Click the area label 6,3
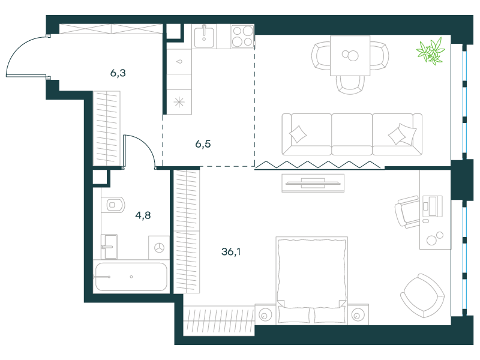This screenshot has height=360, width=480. pyautogui.click(x=118, y=73)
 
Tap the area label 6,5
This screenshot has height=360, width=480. pyautogui.click(x=203, y=144)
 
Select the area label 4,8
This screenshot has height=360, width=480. pyautogui.click(x=143, y=215)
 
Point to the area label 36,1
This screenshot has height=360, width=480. pyautogui.click(x=231, y=251)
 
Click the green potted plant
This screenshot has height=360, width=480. pyautogui.click(x=431, y=51)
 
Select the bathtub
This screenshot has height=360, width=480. pyautogui.click(x=131, y=277)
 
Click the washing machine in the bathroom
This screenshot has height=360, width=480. pyautogui.click(x=159, y=248)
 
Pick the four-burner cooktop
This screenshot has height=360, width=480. pyautogui.click(x=243, y=36)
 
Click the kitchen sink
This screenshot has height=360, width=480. pyautogui.click(x=204, y=37)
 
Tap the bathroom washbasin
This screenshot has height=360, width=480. pyautogui.click(x=109, y=247)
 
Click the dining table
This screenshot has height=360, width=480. pyautogui.click(x=350, y=55)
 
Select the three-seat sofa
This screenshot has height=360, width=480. pyautogui.click(x=352, y=134)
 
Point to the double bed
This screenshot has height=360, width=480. pyautogui.click(x=311, y=280)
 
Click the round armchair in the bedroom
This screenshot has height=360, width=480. pyautogui.click(x=422, y=296)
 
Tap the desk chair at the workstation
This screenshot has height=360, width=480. pyautogui.click(x=407, y=212)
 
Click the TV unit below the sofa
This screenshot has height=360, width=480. pyautogui.click(x=313, y=183)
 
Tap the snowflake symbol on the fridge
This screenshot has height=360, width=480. pyautogui.click(x=179, y=102)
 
